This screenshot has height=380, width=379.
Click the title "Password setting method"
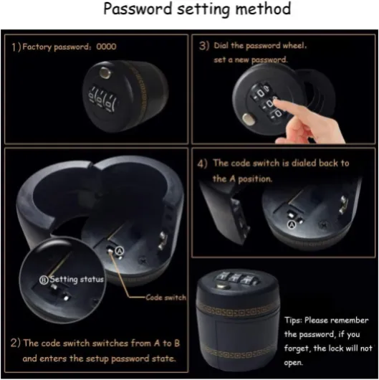197,9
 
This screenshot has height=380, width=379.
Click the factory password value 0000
106,47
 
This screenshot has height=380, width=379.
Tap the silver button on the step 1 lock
105,72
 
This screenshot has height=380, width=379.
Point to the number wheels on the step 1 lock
102,98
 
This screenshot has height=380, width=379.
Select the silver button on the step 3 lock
248,119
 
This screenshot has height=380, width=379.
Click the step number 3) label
204,46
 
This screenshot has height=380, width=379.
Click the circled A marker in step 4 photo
292,224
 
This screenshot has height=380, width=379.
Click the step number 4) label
202,163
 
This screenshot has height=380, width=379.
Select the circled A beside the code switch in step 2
120,251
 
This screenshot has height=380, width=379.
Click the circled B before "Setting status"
44,280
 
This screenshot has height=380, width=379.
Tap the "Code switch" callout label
166,298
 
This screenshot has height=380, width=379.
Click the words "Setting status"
77,280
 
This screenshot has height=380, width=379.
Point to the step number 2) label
16,343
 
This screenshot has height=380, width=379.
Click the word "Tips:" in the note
293,320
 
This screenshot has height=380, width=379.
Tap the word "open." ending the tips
293,363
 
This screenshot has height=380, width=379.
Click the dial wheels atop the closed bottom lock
239,278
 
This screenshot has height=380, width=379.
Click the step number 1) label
16,47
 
